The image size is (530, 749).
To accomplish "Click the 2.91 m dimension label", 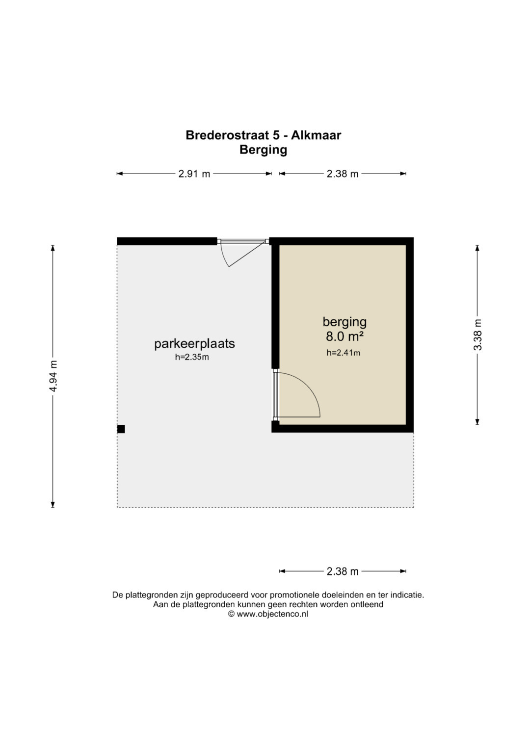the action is click(194, 174).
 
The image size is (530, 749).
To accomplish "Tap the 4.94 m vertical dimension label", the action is click(53, 376).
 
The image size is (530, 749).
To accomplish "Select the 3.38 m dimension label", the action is click(477, 335).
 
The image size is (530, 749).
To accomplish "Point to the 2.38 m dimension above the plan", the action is click(343, 174).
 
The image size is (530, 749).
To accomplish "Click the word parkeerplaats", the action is click(194, 344).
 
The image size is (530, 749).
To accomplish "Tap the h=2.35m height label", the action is click(192, 357).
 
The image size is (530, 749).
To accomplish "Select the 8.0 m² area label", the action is click(344, 336).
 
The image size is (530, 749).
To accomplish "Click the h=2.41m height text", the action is click(344, 353).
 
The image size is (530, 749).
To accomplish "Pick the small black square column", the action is click(121, 429).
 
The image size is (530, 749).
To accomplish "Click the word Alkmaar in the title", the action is click(316, 135).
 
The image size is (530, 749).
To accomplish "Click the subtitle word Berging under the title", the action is click(264, 150).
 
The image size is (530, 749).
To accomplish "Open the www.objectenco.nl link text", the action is click(272, 614).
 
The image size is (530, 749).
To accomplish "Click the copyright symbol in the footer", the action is click(231, 614).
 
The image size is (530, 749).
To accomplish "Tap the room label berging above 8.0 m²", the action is click(344, 322).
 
